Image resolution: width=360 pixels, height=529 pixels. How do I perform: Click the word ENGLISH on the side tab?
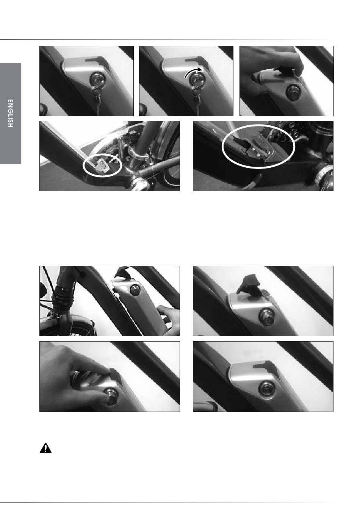10,114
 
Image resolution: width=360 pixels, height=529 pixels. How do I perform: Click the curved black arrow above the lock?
193,72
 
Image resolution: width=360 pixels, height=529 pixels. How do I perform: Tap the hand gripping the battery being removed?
169,320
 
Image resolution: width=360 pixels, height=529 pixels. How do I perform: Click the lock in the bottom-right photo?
266,388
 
